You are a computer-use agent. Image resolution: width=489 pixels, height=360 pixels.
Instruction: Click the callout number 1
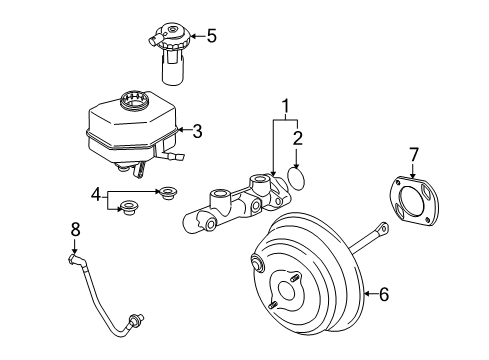(x=285, y=106)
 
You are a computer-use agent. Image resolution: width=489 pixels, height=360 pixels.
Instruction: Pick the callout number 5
(x=210, y=37)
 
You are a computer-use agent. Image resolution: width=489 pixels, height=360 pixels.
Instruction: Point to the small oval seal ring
(x=298, y=179)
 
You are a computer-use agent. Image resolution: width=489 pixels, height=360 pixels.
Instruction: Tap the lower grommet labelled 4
(x=127, y=209)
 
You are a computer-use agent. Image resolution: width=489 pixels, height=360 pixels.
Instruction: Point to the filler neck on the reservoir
(x=131, y=100)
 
